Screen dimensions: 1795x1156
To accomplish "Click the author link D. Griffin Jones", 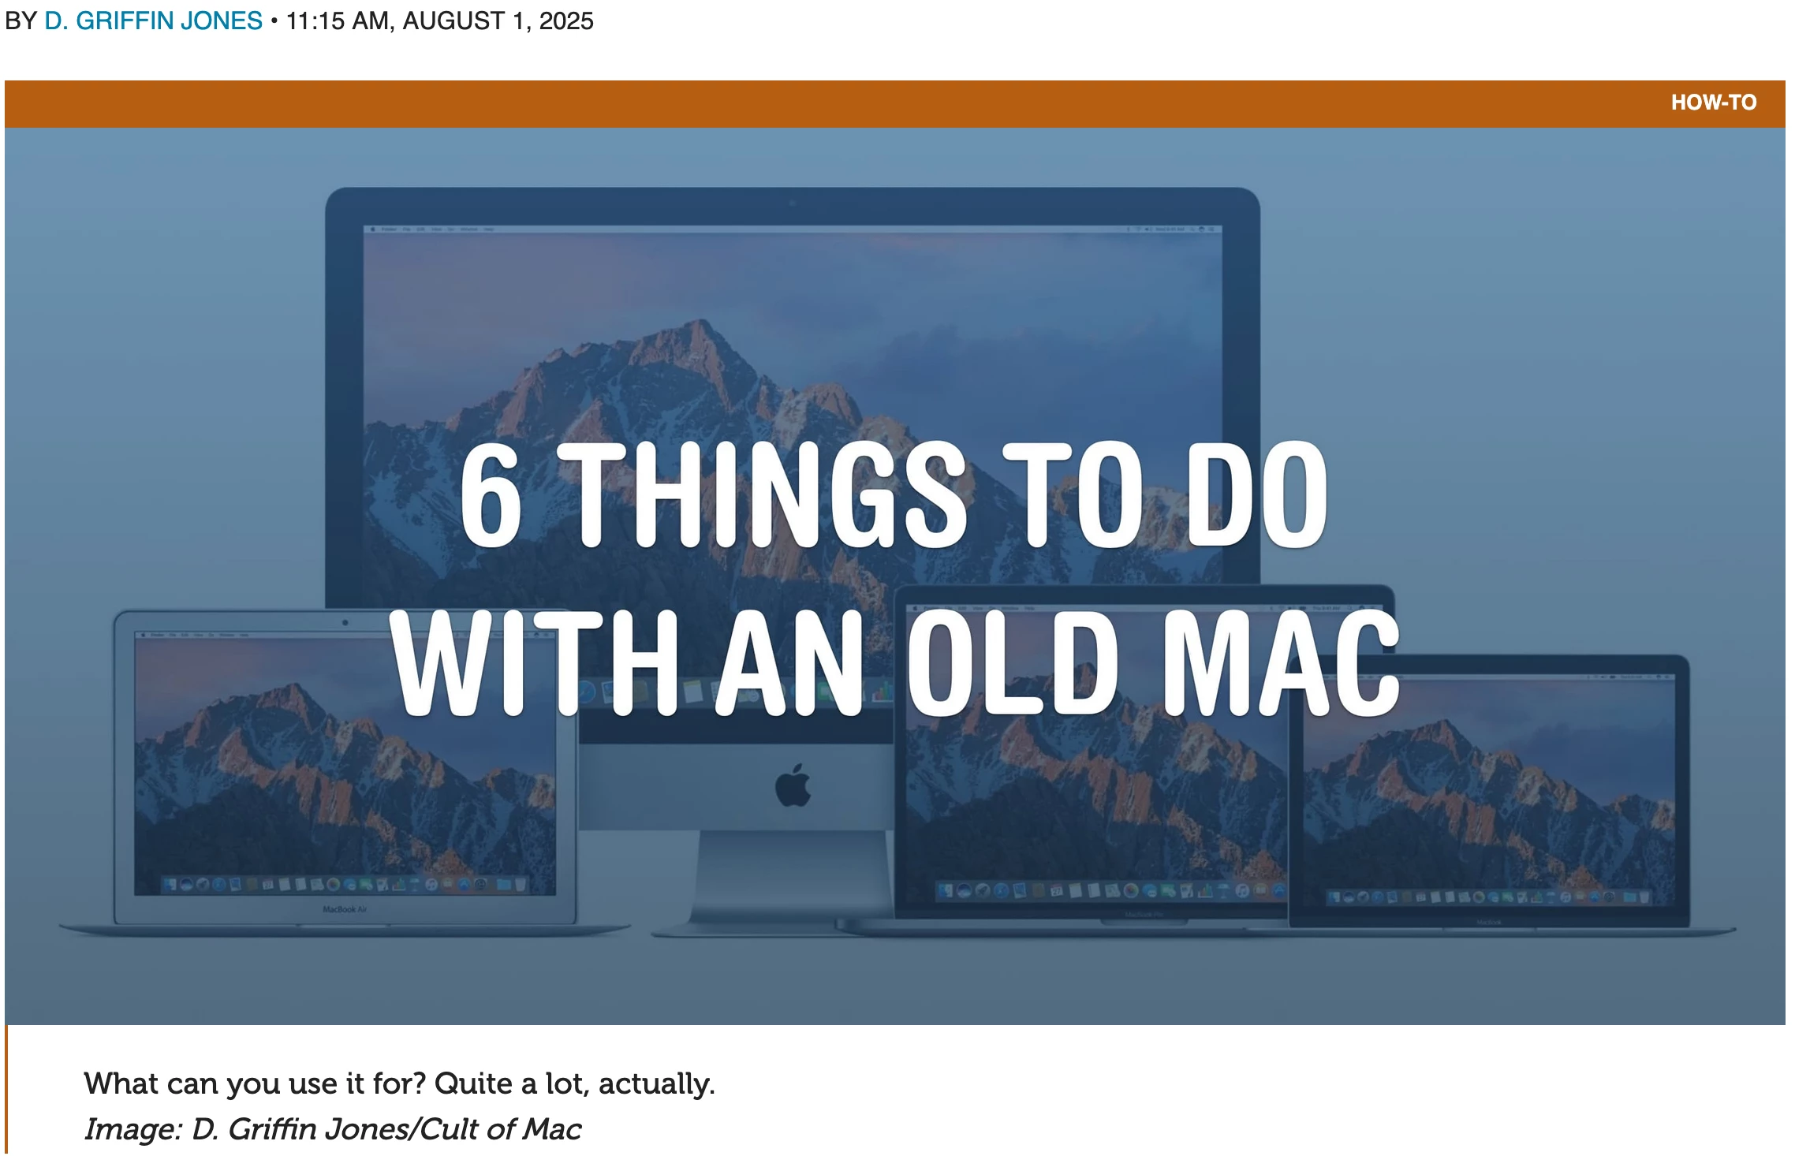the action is (x=153, y=21).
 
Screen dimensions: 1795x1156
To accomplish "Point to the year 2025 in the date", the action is (x=565, y=21).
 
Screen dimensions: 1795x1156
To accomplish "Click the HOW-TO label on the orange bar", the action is (x=1713, y=103).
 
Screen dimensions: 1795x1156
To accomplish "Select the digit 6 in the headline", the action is (x=491, y=494).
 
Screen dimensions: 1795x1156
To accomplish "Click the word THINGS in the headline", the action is (x=767, y=494).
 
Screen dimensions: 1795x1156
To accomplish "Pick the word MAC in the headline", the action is (x=1282, y=662).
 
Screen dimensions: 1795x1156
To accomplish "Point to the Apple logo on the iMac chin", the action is (x=793, y=785).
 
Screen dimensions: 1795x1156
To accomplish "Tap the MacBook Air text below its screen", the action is (x=345, y=909).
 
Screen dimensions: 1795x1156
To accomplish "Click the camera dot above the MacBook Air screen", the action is (x=345, y=623).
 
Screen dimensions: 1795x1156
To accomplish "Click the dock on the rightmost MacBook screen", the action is (x=1487, y=897).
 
